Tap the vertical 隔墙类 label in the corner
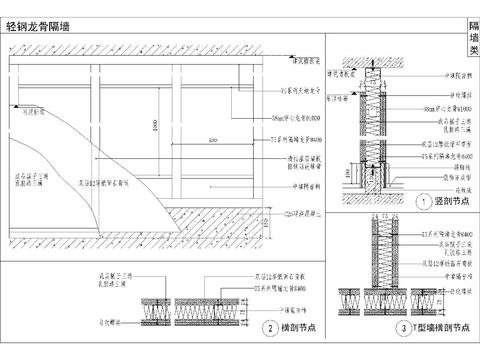tap(473, 36)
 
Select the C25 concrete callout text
tap(301, 212)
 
